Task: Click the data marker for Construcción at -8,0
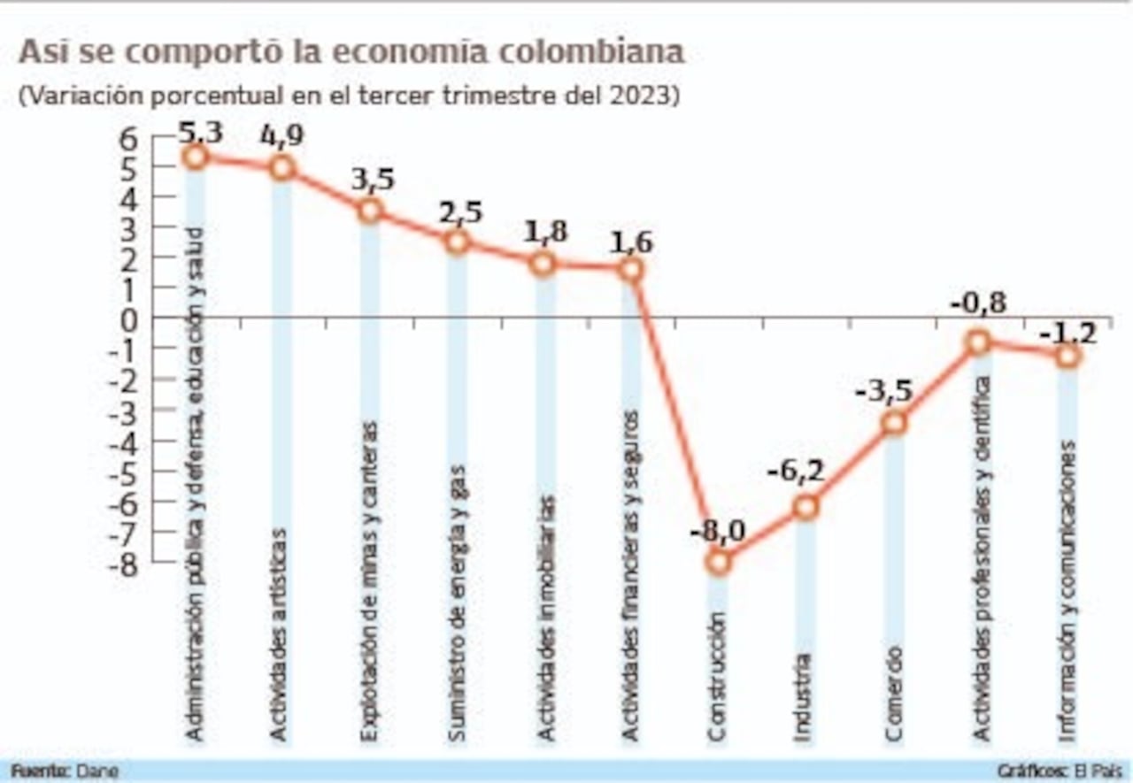(x=719, y=560)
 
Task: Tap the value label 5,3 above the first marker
(x=200, y=134)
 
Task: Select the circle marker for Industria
(x=805, y=507)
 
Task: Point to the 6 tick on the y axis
(x=129, y=138)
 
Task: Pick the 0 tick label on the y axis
(x=129, y=319)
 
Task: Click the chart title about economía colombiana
(x=351, y=52)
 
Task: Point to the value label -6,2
(x=796, y=471)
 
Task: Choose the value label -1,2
(x=1067, y=333)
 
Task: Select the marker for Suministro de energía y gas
(x=457, y=241)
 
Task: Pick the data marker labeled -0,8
(x=978, y=342)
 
